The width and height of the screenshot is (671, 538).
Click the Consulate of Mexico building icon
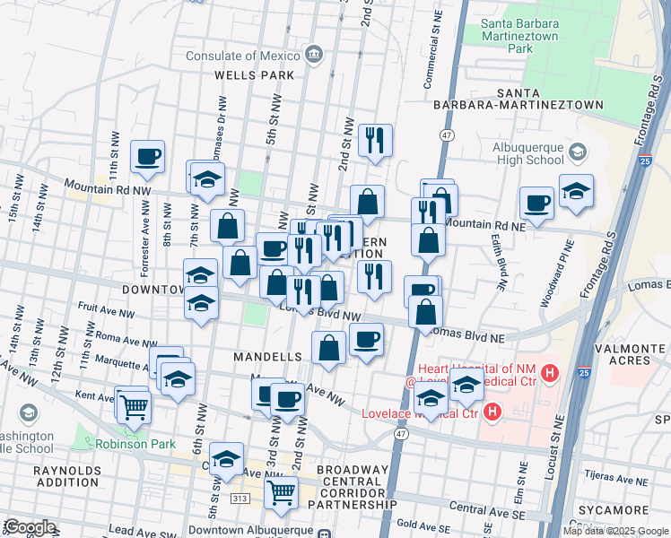(x=313, y=56)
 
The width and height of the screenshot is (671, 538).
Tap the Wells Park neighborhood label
(x=254, y=75)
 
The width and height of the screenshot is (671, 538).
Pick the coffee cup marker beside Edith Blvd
(x=537, y=203)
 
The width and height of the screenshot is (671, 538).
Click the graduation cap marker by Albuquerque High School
(x=576, y=192)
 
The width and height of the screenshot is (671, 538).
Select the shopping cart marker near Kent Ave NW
(x=133, y=406)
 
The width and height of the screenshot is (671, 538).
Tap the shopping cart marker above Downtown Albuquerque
(x=282, y=492)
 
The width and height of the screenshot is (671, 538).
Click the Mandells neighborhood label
(x=267, y=357)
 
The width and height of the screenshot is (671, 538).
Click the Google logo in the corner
(x=30, y=526)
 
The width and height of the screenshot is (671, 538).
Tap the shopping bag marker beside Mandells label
(x=329, y=348)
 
